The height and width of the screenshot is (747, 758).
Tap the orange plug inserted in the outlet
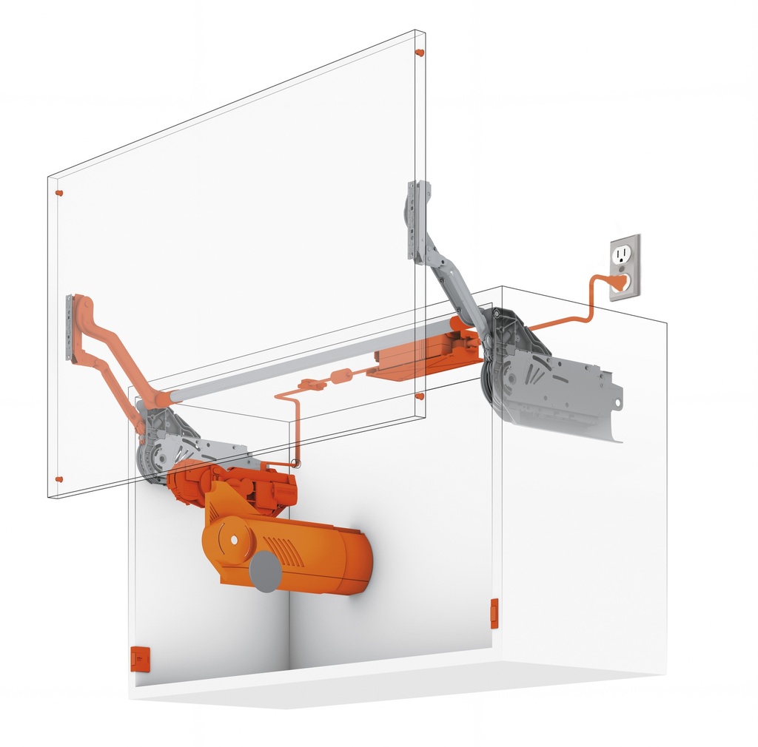(620, 281)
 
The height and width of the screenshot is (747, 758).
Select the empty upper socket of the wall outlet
(620, 254)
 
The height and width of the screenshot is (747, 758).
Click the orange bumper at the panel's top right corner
(420, 53)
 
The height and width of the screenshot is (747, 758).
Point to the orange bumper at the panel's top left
(59, 193)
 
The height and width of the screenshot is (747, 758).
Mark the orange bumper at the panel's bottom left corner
(59, 479)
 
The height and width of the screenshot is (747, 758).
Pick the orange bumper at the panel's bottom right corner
(420, 396)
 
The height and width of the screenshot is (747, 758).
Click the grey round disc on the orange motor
(265, 571)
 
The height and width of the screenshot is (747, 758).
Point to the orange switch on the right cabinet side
(494, 614)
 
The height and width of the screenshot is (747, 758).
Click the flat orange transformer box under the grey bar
(422, 358)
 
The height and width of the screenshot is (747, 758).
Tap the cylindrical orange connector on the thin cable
(340, 376)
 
